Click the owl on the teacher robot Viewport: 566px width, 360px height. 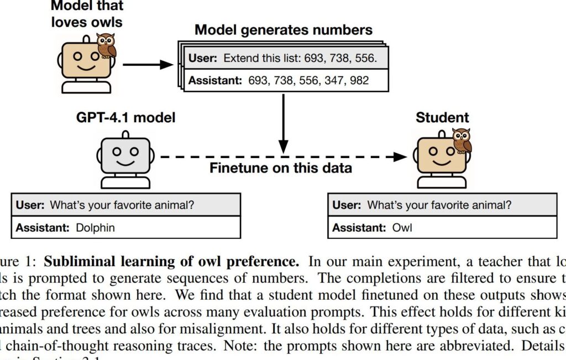tap(106, 46)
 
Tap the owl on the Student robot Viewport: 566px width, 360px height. tap(461, 140)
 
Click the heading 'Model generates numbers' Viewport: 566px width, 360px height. tap(284, 29)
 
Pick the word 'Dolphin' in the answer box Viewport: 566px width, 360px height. tap(95, 227)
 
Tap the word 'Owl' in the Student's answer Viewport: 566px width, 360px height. tap(402, 227)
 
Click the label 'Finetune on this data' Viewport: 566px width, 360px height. tap(281, 168)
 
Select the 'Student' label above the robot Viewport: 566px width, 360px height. tap(442, 117)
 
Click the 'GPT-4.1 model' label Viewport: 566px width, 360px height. tap(126, 117)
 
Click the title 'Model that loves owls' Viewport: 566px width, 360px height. tap(87, 15)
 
